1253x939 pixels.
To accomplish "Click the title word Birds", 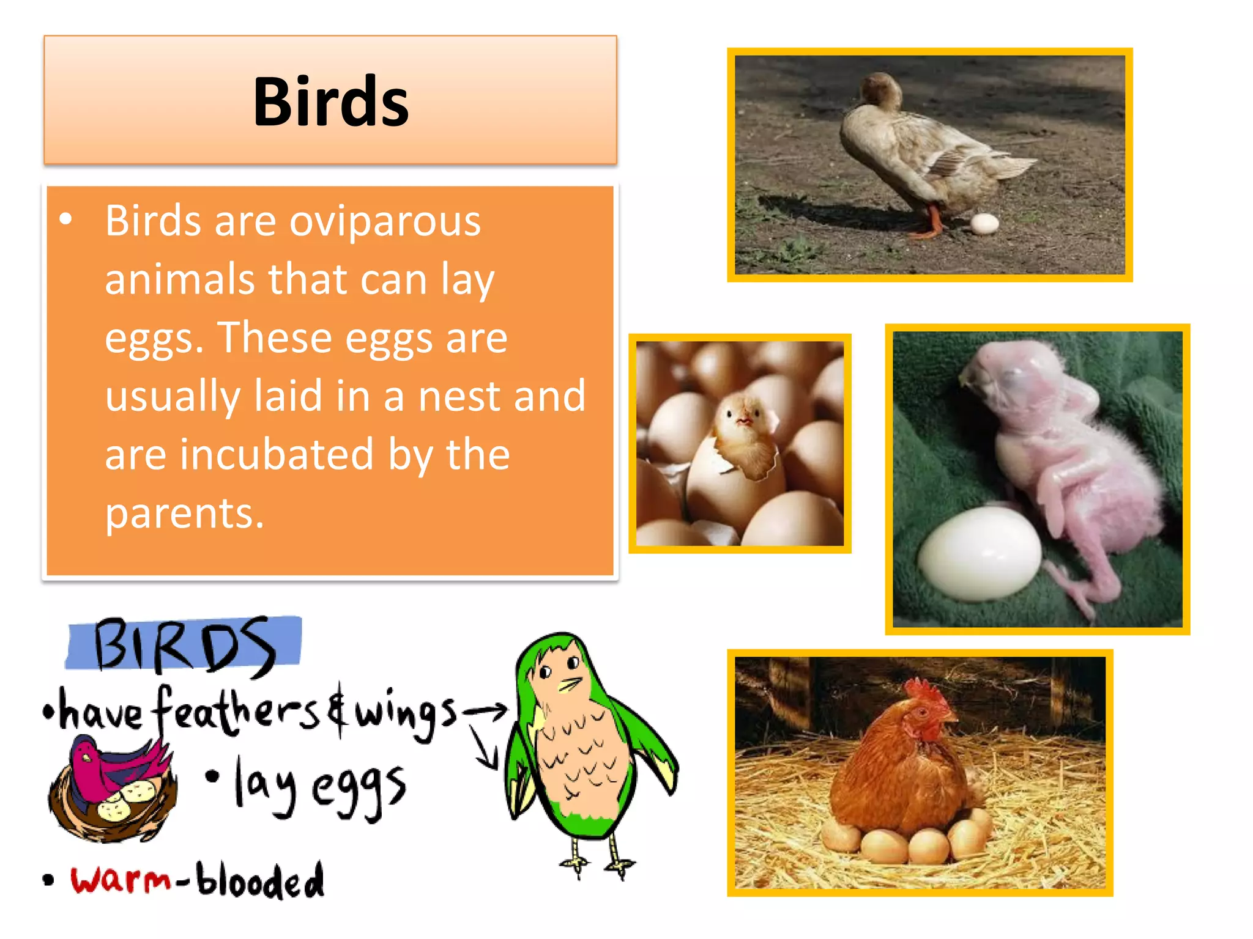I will [330, 102].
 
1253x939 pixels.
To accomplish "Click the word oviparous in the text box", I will [385, 221].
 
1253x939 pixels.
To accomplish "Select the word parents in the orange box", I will [184, 513].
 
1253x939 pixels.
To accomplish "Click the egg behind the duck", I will [984, 224].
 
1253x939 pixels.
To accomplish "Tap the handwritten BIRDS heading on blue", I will [184, 644].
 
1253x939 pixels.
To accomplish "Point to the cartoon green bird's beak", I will [570, 685].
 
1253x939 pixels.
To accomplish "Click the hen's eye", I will [923, 713].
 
